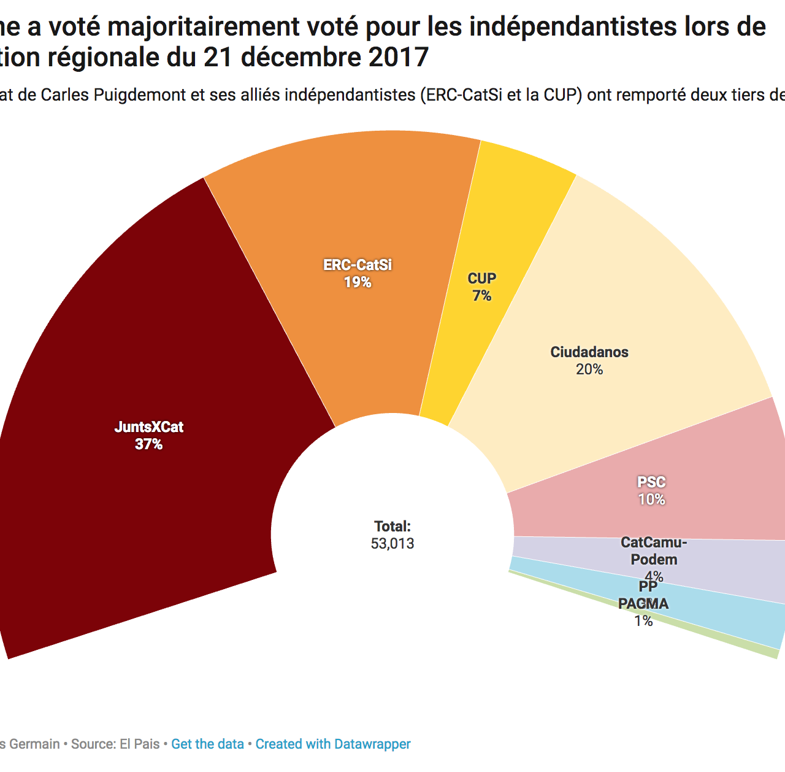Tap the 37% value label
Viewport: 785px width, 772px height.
click(148, 444)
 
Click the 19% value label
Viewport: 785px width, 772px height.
click(358, 282)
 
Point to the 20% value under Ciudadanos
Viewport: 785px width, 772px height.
click(589, 369)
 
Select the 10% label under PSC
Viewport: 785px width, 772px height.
click(651, 500)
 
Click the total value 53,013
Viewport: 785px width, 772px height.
click(392, 544)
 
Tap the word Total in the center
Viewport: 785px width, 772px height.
click(392, 527)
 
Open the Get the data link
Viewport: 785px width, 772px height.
click(207, 744)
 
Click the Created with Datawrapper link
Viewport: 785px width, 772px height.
click(333, 744)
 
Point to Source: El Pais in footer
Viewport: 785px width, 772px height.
click(115, 744)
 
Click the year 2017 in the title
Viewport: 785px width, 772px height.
click(398, 57)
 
